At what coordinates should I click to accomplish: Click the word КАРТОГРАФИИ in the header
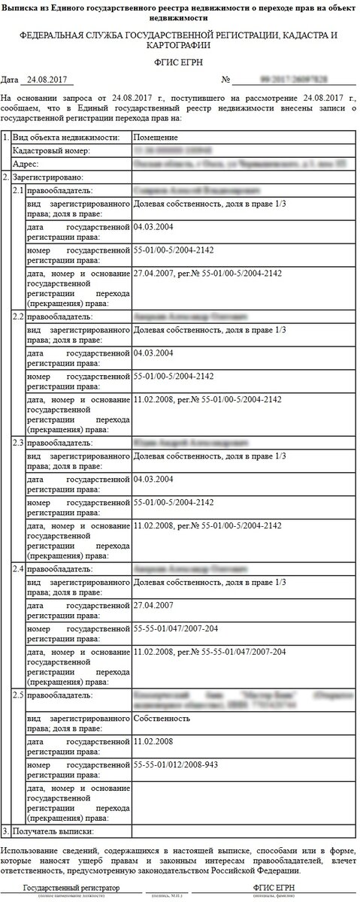180,45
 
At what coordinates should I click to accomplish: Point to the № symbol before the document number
225,79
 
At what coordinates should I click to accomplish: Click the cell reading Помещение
156,138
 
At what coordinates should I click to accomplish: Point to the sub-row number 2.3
19,443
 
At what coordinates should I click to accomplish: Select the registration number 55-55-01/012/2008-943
181,764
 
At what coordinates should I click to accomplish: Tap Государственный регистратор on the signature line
71,888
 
